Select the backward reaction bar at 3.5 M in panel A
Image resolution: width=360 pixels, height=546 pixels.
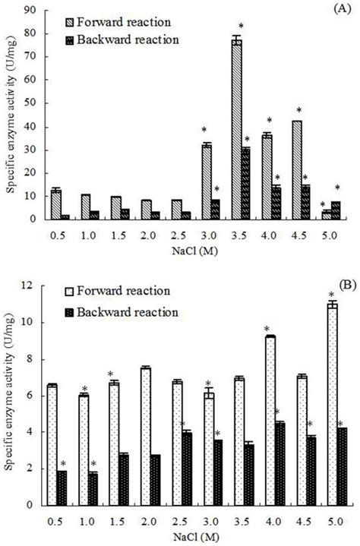(x=245, y=183)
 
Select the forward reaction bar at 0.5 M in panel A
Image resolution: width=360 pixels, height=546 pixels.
(x=55, y=204)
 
